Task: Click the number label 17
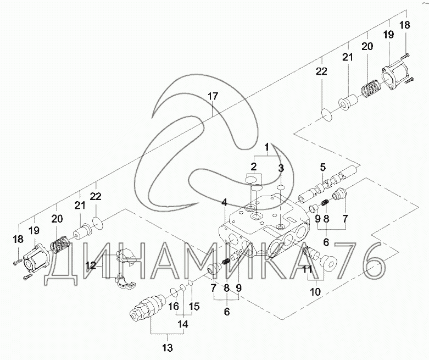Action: [x=212, y=97]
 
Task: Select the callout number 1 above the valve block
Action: [x=267, y=147]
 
